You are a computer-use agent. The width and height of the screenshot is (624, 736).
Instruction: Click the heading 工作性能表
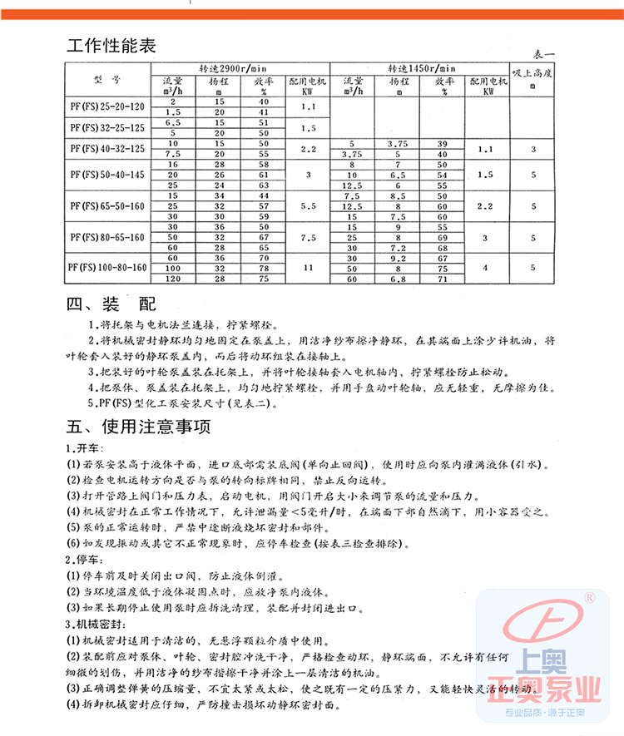pos(111,45)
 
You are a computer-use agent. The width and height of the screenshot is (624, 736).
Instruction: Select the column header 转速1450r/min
pos(422,67)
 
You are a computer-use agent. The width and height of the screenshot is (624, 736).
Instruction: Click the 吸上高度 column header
pos(532,73)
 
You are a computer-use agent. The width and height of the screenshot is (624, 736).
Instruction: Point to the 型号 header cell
pos(107,81)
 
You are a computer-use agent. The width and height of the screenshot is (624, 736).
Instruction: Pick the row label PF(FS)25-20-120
pos(107,106)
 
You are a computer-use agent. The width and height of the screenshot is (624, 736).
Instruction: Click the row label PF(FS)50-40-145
pos(107,175)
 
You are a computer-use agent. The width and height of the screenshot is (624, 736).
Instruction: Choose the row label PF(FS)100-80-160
pos(107,267)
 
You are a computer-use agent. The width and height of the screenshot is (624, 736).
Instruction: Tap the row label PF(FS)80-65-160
pos(107,237)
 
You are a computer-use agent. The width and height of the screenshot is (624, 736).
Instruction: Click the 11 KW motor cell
pos(309,268)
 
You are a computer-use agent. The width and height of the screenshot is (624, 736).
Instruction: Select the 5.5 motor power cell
pos(309,206)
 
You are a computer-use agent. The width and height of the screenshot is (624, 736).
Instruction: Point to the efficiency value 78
pos(264,269)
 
